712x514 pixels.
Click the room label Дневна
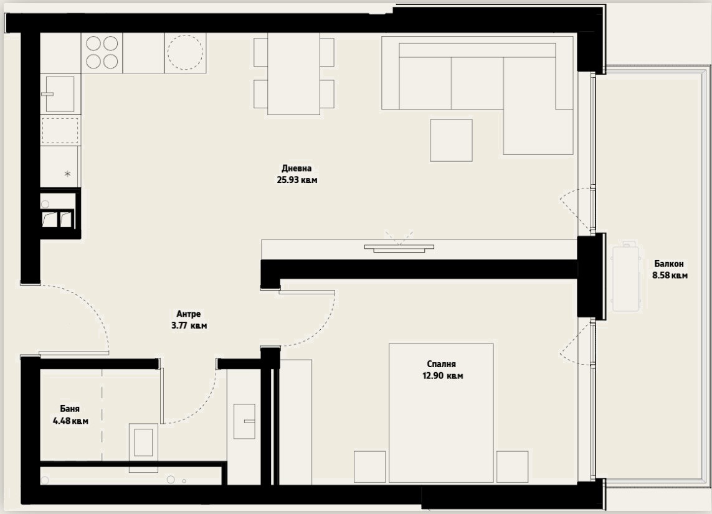click(x=297, y=168)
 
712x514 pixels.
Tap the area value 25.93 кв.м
click(x=297, y=180)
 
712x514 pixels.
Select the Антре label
click(x=189, y=314)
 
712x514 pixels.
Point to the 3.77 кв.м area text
click(x=189, y=325)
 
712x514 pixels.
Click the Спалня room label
click(x=442, y=364)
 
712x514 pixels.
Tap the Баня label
click(x=70, y=409)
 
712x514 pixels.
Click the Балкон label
click(x=669, y=264)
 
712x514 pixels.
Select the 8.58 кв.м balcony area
click(x=670, y=276)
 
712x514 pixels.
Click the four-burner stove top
click(x=102, y=52)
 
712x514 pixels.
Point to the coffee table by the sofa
click(x=452, y=140)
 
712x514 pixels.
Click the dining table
click(x=293, y=74)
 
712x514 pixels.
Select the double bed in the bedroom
click(x=441, y=413)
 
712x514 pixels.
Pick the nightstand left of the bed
click(x=369, y=467)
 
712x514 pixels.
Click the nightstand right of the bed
click(x=512, y=467)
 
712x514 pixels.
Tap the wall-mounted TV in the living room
click(x=399, y=248)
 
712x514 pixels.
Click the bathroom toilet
click(x=143, y=442)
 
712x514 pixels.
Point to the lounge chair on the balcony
click(x=627, y=279)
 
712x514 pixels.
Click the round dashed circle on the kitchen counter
click(x=185, y=52)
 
